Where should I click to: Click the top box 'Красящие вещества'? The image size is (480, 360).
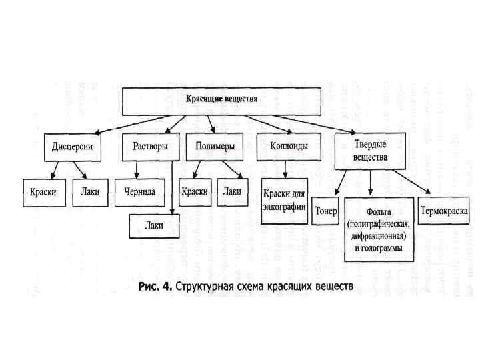click(x=221, y=100)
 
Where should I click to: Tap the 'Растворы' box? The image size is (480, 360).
click(x=151, y=147)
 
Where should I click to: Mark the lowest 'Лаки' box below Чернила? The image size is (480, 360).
click(x=154, y=225)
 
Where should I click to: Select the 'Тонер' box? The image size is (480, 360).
click(x=326, y=211)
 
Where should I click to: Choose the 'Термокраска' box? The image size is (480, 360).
click(x=445, y=211)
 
